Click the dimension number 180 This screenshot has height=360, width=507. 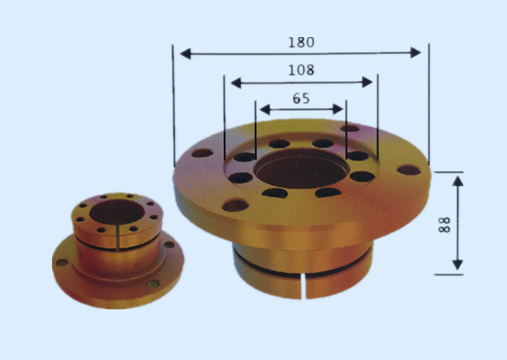pos(301,43)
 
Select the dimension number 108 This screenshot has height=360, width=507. pos(301,70)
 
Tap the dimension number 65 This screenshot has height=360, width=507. pos(301,98)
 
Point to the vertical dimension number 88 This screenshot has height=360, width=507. pos(444,225)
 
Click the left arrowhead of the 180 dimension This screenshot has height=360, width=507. pos(185,53)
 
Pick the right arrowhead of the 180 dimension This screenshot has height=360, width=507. pos(416,53)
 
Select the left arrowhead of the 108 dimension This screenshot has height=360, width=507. pos(236,83)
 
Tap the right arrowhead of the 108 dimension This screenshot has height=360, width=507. pos(367,82)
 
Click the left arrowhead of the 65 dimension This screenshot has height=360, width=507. pos(265,110)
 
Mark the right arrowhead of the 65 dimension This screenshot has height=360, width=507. pos(338,109)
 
